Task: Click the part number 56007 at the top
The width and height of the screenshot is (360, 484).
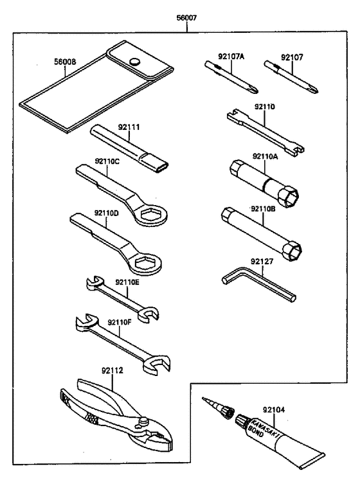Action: pos(186,17)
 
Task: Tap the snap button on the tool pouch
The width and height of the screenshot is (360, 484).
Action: pos(134,61)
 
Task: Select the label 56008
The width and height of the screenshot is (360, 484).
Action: pos(65,62)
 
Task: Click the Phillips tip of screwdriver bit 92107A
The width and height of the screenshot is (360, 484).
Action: pos(254,90)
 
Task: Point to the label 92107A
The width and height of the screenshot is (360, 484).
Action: pos(231,56)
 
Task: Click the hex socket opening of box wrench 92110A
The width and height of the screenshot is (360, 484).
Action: pos(289,196)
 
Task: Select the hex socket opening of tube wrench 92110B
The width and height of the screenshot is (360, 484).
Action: pos(292,249)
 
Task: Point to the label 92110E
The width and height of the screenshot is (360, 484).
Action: pos(127,282)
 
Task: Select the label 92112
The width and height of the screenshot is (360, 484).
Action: pos(112,370)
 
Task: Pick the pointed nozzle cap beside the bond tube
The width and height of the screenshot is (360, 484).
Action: pos(217,408)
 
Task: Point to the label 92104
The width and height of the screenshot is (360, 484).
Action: pos(274,409)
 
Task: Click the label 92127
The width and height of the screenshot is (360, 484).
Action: pos(262,261)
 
